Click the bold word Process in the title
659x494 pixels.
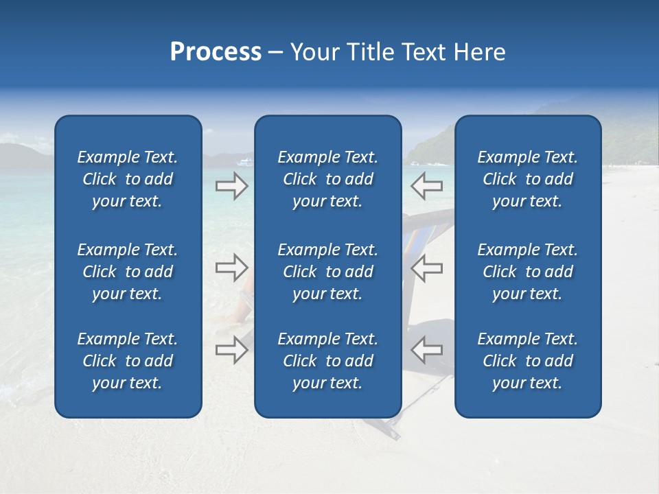[x=216, y=52]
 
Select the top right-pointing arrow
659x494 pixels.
[x=231, y=186]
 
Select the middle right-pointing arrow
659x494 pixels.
[x=231, y=268]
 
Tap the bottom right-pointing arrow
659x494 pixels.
[x=231, y=350]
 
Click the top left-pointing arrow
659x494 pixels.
[x=426, y=186]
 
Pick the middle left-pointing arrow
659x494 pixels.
[x=426, y=268]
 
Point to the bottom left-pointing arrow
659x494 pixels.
[x=426, y=350]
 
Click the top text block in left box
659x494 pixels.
[x=128, y=179]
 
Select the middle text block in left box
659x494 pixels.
[x=128, y=272]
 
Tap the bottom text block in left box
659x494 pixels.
[x=128, y=361]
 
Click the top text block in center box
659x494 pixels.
[x=327, y=179]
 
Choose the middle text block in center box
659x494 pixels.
[x=327, y=272]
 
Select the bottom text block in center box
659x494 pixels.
[x=327, y=361]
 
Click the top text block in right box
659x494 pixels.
[x=527, y=179]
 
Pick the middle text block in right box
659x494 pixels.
[x=527, y=272]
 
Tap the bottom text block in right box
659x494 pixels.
[x=527, y=361]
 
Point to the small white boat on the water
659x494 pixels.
[x=245, y=163]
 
